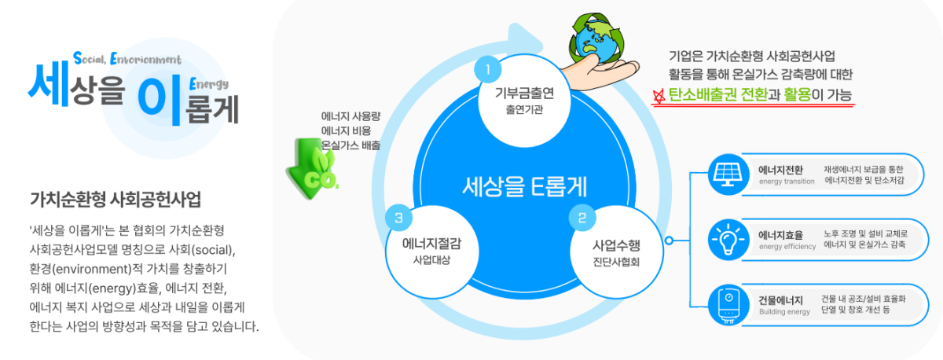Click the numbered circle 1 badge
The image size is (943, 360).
pos(487,70)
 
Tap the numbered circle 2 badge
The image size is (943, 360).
pos(582,216)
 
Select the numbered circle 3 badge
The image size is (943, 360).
pos(399,216)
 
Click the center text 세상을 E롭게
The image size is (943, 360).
pos(526,186)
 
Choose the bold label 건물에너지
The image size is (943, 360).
pos(780,300)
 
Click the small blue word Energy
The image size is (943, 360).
pos(209,83)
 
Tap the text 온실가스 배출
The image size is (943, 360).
pos(351,145)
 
